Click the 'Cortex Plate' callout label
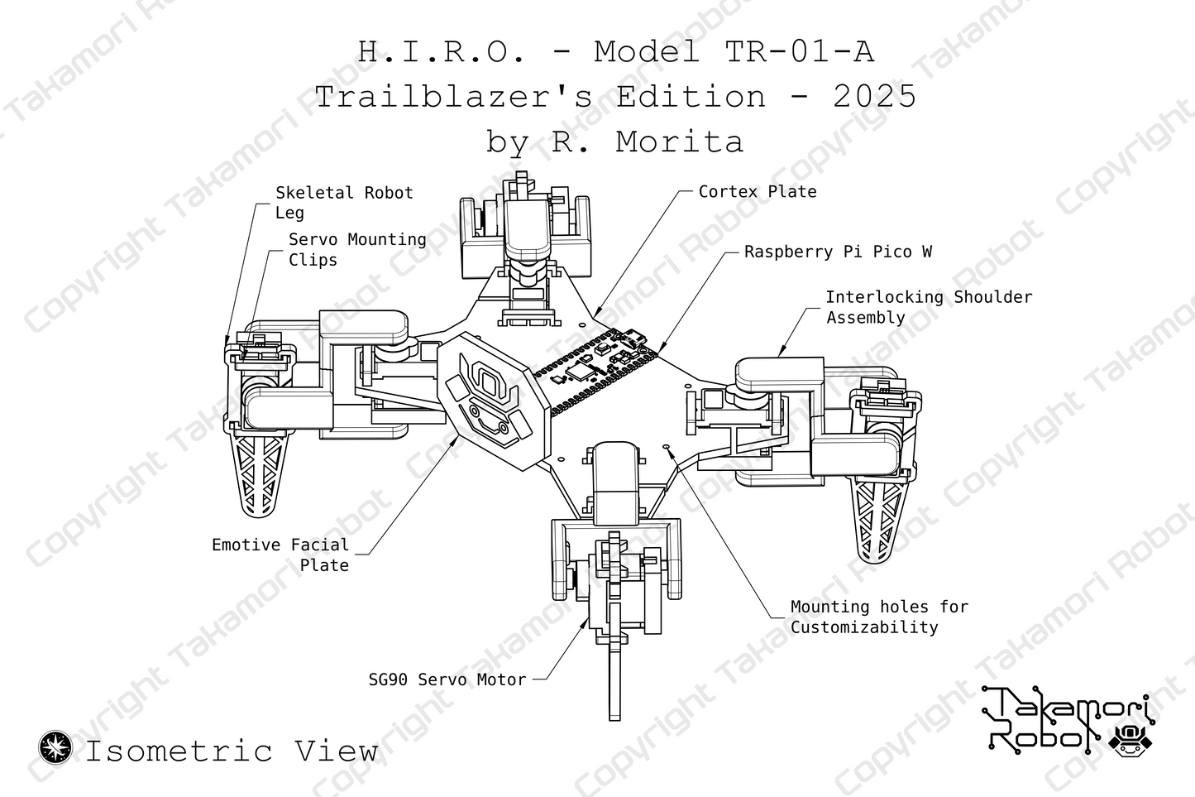[757, 192]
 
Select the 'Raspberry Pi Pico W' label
[837, 252]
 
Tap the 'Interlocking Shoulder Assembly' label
[928, 307]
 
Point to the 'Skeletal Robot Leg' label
[343, 203]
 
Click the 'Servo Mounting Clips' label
[356, 249]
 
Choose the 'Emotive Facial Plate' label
[281, 555]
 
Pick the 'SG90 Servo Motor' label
[447, 679]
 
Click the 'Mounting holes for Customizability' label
[878, 617]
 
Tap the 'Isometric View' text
[232, 751]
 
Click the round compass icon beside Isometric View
[56, 747]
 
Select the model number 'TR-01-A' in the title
[799, 52]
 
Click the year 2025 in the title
[874, 97]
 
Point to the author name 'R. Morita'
[647, 142]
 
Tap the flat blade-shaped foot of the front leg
[614, 679]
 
